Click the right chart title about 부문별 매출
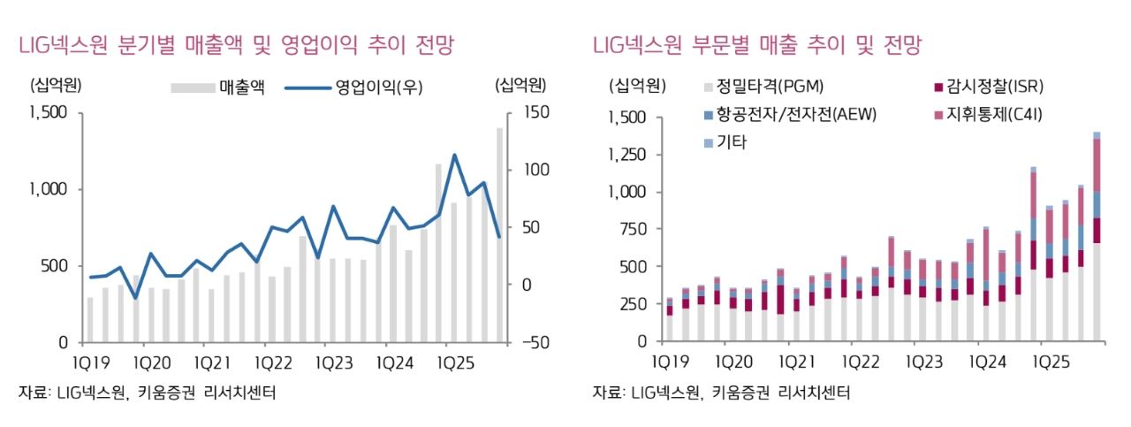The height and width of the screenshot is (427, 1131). (757, 45)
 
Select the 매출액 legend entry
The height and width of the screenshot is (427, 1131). (218, 87)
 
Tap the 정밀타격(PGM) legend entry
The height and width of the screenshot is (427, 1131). (761, 87)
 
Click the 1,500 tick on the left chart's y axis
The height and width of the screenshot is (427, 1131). (48, 112)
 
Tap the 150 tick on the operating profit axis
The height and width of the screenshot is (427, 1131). (534, 112)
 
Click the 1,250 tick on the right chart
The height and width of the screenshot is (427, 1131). (628, 155)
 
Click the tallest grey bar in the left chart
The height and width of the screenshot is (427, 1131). (499, 234)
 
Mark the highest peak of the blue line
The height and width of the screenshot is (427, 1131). (454, 156)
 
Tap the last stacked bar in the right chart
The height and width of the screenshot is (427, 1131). (1097, 239)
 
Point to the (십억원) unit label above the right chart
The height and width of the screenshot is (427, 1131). (635, 87)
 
